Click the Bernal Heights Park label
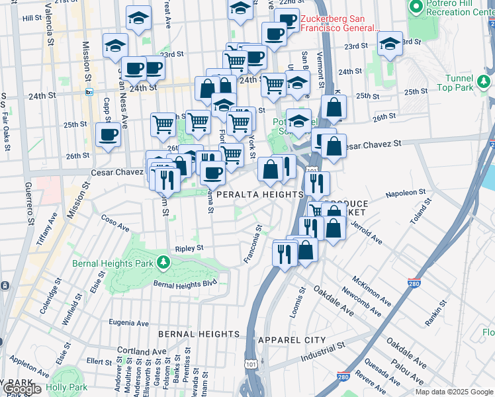point(112,263)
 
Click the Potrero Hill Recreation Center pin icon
point(416,7)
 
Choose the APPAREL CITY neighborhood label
point(292,340)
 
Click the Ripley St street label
point(189,248)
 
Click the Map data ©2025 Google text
point(454,392)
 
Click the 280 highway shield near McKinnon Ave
point(415,283)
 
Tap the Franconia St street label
point(253,244)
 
